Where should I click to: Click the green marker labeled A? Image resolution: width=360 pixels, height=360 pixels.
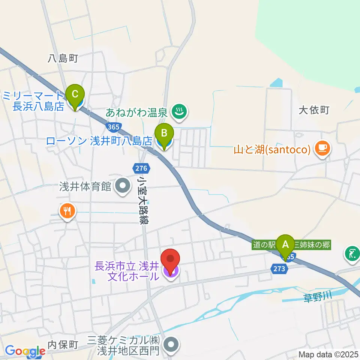[x=285, y=246]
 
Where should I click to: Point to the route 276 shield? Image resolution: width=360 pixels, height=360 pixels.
[x=142, y=168]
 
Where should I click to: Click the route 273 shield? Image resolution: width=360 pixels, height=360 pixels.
[x=280, y=268]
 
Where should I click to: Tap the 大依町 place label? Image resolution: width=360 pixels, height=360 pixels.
[x=314, y=110]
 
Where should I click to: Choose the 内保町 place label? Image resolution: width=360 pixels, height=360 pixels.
[x=63, y=344]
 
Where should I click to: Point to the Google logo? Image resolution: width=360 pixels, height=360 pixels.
[x=25, y=351]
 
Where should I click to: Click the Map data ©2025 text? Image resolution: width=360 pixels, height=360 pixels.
[x=328, y=354]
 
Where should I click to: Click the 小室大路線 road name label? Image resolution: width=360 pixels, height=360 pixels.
[x=143, y=201]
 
